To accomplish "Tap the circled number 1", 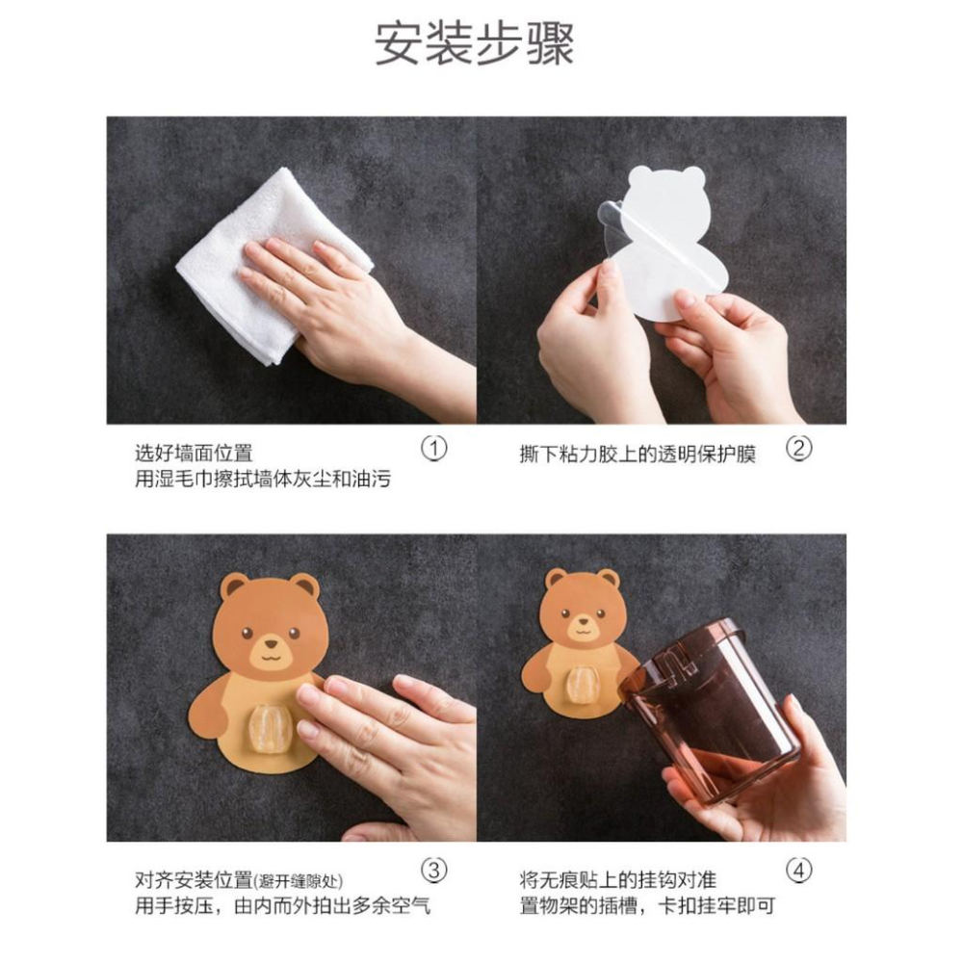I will pos(435,449).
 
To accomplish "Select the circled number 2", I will pos(798,449).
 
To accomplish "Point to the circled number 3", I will pos(435,871).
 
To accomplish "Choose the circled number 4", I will pos(798,871).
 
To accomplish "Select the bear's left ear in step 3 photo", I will pos(233,586).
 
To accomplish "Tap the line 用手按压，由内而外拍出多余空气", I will pos(281,906).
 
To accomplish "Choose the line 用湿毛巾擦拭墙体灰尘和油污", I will pos(262,479).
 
